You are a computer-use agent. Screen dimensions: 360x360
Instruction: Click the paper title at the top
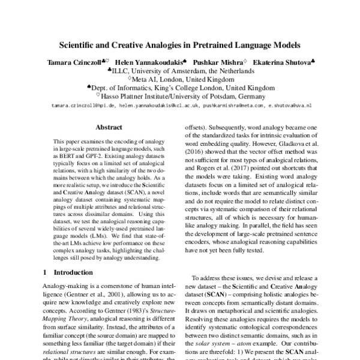(180, 44)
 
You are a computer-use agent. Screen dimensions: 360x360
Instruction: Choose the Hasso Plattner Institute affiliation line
(180, 95)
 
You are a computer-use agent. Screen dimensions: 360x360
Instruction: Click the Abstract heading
(109, 127)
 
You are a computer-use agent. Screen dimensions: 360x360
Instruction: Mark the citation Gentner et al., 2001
(93, 296)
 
